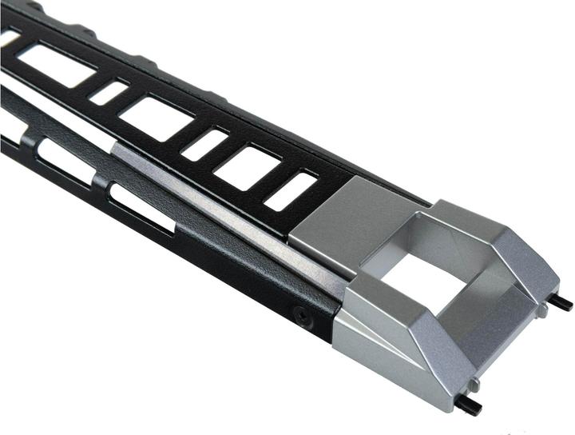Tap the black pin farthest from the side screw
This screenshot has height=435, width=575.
coord(563,303)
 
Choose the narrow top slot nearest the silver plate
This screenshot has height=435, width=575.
coord(291,191)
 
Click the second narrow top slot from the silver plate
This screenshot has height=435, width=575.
coord(204,144)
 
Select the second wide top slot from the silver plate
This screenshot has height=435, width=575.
coord(156,115)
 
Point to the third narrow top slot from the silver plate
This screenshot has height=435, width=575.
coord(108,91)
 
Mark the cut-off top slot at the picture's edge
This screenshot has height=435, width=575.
coord(8,36)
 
